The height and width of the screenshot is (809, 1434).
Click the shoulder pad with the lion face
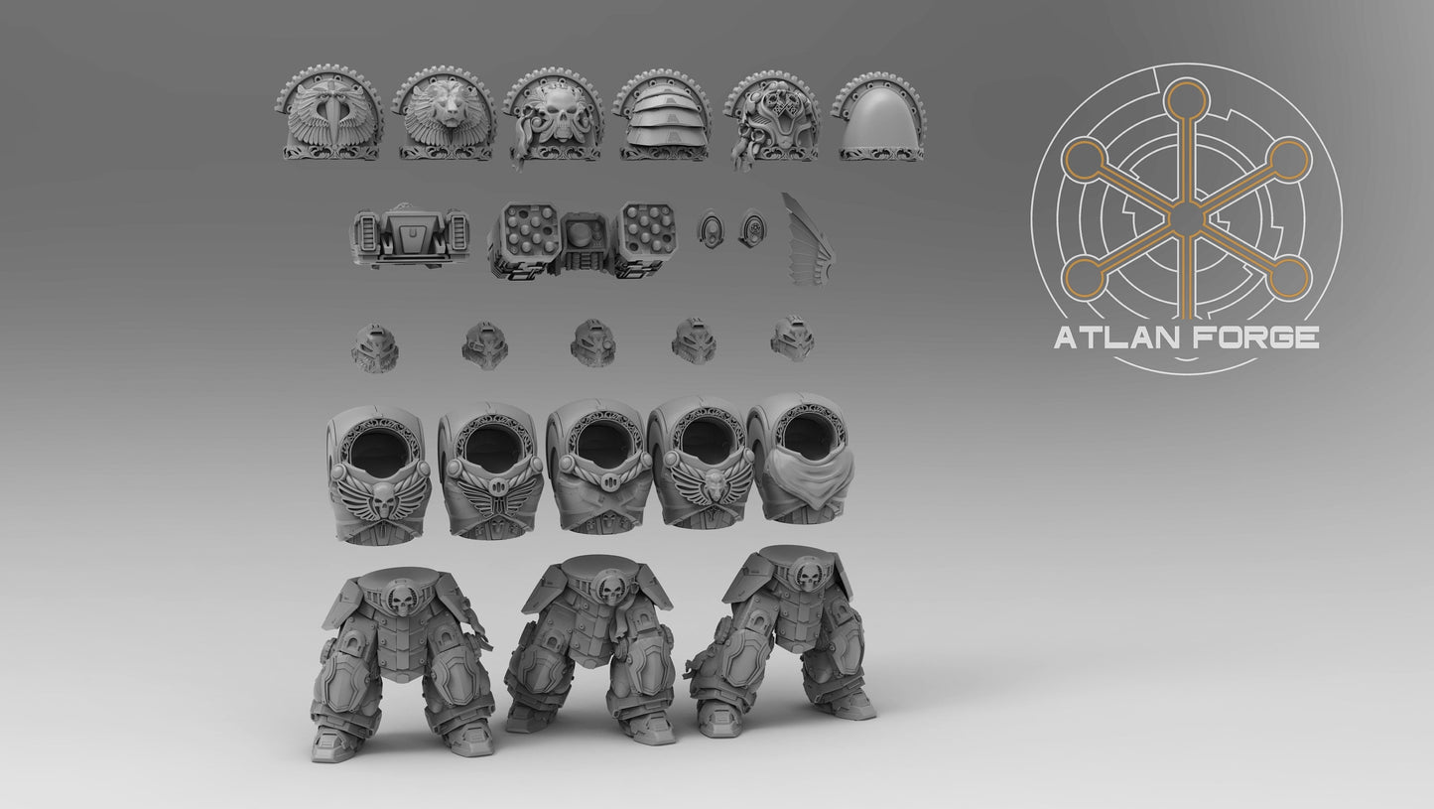[x=446, y=113]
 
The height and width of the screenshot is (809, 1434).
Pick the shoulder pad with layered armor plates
[x=665, y=115]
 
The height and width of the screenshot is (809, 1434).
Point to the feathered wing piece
[x=809, y=239]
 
